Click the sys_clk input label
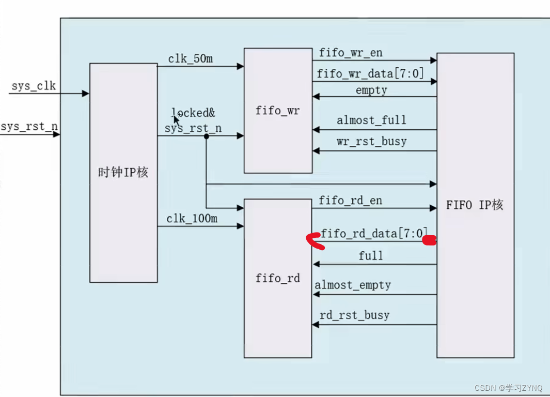[33, 85]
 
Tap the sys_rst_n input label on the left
[29, 127]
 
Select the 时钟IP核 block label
[123, 172]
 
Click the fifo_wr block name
[277, 111]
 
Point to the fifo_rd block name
[277, 278]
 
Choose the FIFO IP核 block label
[474, 205]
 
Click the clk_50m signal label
[190, 58]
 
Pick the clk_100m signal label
[192, 219]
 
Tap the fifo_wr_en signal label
[351, 53]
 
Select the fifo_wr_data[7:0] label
[370, 73]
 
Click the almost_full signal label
[371, 120]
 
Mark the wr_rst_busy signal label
[371, 141]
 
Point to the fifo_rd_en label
[351, 200]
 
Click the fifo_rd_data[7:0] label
[374, 234]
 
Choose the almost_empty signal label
[353, 285]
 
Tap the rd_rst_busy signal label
[354, 315]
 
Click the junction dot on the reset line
[206, 136]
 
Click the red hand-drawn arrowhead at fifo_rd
[314, 242]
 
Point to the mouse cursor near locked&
[177, 119]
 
